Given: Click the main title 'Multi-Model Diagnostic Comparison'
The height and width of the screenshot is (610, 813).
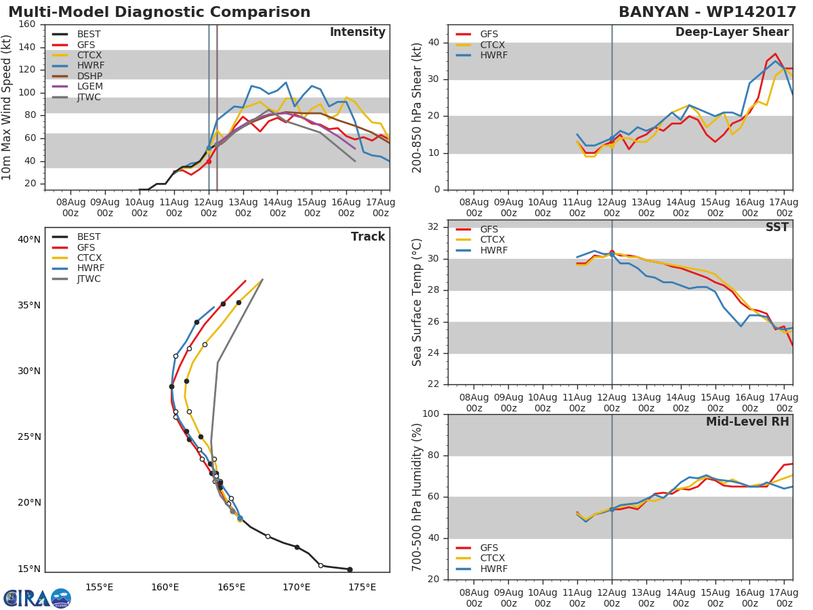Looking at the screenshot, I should click(159, 12).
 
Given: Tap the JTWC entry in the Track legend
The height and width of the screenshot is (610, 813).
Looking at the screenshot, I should click(89, 279).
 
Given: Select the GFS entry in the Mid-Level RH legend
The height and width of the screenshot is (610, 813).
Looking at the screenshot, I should click(489, 548).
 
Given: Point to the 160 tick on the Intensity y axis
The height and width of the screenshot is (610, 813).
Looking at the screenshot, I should click(26, 24).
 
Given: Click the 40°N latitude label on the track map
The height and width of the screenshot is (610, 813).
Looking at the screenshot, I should click(28, 239).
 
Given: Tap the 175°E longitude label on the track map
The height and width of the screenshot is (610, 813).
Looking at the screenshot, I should click(362, 587).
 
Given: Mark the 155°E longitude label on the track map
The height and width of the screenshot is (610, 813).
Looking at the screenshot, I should click(99, 587).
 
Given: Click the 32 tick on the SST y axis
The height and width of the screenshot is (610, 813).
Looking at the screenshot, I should click(433, 227).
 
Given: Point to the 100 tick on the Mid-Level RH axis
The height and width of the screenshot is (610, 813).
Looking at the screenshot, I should click(430, 414).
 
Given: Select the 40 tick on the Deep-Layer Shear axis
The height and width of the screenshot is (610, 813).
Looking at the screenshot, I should click(433, 43).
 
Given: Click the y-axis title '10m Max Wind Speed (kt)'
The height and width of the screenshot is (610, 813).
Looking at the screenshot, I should click(7, 107).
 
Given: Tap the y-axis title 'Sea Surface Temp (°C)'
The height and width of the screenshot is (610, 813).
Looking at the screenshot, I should click(417, 302).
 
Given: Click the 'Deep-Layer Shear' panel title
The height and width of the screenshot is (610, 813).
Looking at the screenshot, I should click(732, 33).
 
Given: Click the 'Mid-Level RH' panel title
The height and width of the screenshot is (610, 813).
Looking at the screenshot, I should click(747, 422).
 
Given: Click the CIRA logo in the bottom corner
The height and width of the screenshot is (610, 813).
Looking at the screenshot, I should click(37, 598).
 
